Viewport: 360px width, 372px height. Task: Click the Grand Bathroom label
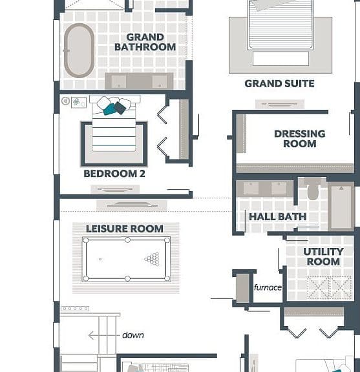145,42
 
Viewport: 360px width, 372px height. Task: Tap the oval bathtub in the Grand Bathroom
79,50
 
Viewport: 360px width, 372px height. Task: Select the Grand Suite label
279,83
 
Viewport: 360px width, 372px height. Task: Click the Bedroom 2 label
114,174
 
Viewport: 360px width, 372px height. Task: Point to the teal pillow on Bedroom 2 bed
109,109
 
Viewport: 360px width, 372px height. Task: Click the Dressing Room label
300,139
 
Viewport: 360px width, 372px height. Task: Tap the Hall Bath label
278,216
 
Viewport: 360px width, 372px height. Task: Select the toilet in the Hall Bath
313,189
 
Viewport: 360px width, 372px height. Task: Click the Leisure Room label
125,229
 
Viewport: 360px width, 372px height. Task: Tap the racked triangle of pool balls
153,258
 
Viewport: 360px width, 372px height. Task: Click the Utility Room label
323,256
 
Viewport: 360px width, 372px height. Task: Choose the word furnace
268,287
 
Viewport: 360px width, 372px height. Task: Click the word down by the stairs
132,335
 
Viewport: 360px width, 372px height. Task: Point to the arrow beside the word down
104,335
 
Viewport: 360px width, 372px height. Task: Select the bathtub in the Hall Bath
341,207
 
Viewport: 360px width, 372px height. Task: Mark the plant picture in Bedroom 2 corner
79,103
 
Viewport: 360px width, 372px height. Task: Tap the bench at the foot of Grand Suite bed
281,59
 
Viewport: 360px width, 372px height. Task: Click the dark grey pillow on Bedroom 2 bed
120,108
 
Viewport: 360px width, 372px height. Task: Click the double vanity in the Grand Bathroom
139,81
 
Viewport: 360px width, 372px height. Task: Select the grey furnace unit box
242,288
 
